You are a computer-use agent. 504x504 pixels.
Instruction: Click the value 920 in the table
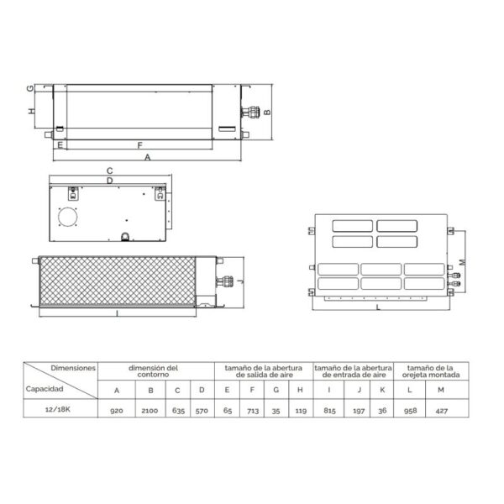point(117,411)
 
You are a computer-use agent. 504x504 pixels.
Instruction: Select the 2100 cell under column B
point(150,411)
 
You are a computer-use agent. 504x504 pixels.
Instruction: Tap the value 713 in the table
point(253,411)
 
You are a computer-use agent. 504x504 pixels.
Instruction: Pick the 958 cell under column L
point(411,411)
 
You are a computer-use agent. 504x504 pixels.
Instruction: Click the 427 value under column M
point(442,411)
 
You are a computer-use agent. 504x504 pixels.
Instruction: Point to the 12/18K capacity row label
point(58,409)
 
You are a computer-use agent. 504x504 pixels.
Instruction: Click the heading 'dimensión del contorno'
point(153,371)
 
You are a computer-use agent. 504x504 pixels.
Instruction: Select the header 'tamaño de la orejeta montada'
point(431,371)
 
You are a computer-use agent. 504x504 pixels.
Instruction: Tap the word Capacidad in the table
point(45,389)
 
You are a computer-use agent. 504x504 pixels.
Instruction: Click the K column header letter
point(382,390)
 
